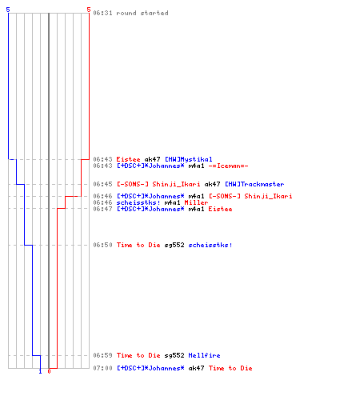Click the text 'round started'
pyautogui.click(x=142, y=13)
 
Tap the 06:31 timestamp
pyautogui.click(x=102, y=13)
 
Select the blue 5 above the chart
pyautogui.click(x=8, y=10)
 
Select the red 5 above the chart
pyautogui.click(x=89, y=10)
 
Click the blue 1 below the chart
pyautogui.click(x=40, y=371)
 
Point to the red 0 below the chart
pyautogui.click(x=49, y=371)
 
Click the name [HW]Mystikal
pyautogui.click(x=189, y=159)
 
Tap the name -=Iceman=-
pyautogui.click(x=228, y=166)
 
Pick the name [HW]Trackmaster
pyautogui.click(x=254, y=184)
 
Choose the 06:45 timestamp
pyautogui.click(x=102, y=184)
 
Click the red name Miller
pyautogui.click(x=196, y=202)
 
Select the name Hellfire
pyautogui.click(x=204, y=355)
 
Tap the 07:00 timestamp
pyautogui.click(x=102, y=368)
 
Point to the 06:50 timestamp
pyautogui.click(x=102, y=245)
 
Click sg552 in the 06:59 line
pyautogui.click(x=174, y=356)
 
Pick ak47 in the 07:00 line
pyautogui.click(x=196, y=368)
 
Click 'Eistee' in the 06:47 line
pyautogui.click(x=220, y=209)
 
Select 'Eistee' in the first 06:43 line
pyautogui.click(x=128, y=159)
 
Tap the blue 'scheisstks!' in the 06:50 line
pyautogui.click(x=210, y=245)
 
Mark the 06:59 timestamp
pyautogui.click(x=102, y=355)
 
